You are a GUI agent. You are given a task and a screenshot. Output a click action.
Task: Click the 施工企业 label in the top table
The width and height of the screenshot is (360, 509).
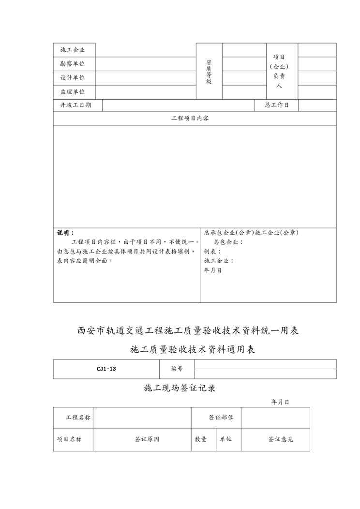[73, 50]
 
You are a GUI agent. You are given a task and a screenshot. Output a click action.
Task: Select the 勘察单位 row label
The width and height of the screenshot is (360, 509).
[73, 63]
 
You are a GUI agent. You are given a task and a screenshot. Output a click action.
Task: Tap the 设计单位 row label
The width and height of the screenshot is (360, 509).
[73, 77]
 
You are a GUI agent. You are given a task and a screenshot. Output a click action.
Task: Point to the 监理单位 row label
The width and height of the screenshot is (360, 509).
[73, 91]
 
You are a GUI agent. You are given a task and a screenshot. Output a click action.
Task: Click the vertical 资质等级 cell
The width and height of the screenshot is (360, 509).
[209, 71]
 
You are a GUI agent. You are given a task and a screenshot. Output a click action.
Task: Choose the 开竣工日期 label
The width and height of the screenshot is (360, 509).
[75, 105]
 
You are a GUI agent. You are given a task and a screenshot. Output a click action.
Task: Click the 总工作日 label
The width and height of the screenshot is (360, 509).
[277, 105]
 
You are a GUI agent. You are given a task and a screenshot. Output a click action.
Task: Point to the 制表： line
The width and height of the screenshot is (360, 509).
[212, 252]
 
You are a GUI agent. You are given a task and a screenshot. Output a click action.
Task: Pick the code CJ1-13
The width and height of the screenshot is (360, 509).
[106, 369]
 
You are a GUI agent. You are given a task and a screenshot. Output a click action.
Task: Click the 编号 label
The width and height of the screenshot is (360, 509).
[177, 369]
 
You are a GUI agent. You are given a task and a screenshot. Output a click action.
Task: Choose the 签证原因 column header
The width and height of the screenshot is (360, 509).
[147, 439]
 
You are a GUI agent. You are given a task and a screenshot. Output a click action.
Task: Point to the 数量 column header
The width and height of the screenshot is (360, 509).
[201, 439]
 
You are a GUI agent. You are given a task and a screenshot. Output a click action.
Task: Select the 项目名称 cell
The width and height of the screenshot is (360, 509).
[69, 439]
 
